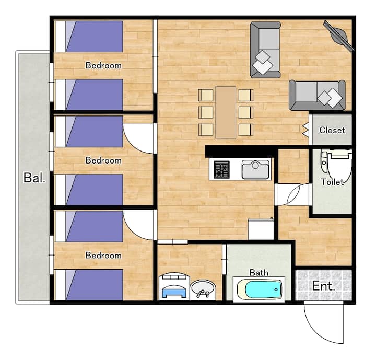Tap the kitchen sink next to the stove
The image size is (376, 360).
tap(255, 169)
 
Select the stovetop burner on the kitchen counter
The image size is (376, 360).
tap(221, 170)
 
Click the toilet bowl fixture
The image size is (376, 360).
tap(336, 164)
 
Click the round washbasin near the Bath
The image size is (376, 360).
tap(203, 289)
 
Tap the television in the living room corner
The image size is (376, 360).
tap(338, 36)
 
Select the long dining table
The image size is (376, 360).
tap(226, 112)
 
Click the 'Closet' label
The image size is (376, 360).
tap(332, 130)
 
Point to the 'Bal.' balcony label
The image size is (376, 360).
tap(34, 178)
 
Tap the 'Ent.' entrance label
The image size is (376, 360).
tap(323, 286)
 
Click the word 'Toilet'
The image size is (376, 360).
tap(332, 182)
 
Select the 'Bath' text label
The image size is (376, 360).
tap(258, 273)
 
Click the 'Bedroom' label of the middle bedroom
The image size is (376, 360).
tap(103, 160)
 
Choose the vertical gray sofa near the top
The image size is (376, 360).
tap(265, 50)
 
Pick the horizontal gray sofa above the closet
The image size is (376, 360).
tap(318, 95)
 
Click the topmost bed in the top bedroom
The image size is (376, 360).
tap(89, 37)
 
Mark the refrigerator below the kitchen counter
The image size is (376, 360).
tap(261, 229)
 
